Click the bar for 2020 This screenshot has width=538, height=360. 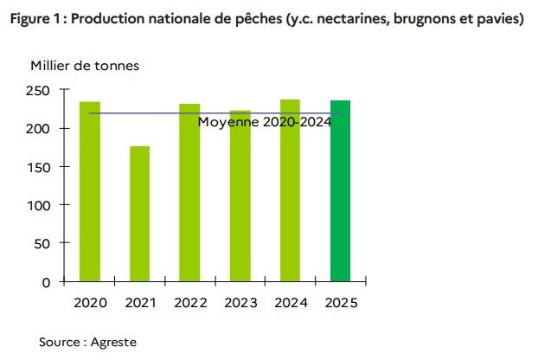click(x=90, y=191)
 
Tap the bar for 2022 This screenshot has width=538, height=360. click(x=189, y=192)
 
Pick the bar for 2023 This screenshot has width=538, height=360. click(x=240, y=196)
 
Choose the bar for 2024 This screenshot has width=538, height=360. click(x=290, y=190)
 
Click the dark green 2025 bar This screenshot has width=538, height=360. click(x=340, y=190)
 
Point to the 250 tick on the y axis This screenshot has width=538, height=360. click(x=38, y=90)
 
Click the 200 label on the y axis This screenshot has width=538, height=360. click(x=38, y=128)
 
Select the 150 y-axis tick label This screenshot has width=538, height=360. click(x=38, y=167)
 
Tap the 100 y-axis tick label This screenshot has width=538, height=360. click(x=38, y=205)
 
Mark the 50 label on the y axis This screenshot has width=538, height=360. click(x=42, y=243)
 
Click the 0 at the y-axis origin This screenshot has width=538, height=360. click(x=46, y=282)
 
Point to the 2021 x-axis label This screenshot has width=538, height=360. click(x=139, y=303)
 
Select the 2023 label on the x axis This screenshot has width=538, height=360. click(x=240, y=303)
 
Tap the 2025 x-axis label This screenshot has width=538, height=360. click(x=340, y=303)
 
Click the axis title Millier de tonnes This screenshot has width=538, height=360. click(x=84, y=65)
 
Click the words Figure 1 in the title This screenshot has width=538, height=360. click(x=33, y=18)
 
